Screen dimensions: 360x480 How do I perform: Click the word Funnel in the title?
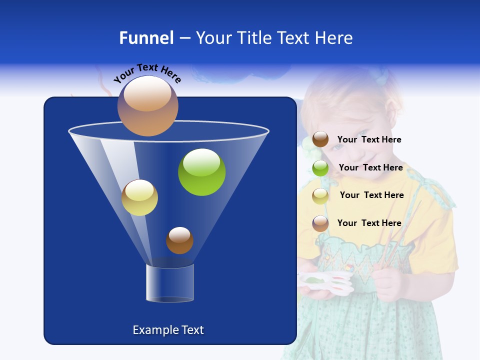click(146, 38)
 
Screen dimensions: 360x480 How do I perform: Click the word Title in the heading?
click(254, 38)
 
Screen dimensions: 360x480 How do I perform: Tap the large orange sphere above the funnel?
click(147, 106)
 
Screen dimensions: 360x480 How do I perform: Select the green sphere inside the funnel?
click(201, 172)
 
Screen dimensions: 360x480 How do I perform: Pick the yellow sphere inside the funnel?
click(139, 197)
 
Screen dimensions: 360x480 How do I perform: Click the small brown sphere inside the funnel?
click(179, 240)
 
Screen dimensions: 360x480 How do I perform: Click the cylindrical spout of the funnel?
click(170, 283)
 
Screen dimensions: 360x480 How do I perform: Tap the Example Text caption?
click(168, 330)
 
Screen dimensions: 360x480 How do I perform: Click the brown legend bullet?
click(320, 139)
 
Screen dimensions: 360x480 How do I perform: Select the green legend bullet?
click(320, 168)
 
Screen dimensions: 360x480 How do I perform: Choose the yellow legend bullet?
click(320, 196)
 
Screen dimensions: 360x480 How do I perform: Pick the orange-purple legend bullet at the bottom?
click(320, 223)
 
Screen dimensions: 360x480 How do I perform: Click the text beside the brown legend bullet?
click(369, 140)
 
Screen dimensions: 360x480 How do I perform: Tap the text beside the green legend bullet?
click(370, 168)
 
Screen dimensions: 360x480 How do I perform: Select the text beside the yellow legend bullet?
click(371, 195)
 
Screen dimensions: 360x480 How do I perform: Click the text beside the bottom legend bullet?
click(369, 223)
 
